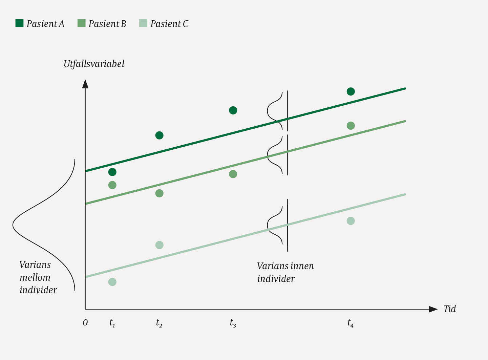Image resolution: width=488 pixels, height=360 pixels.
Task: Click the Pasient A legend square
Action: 20,23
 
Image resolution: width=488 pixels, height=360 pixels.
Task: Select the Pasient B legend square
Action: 81,23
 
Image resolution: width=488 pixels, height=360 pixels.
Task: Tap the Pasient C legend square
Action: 143,23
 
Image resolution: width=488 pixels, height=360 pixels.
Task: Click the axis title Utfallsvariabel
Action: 94,64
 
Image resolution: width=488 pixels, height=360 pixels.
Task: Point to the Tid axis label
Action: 450,309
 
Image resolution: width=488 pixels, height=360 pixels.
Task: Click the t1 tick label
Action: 112,323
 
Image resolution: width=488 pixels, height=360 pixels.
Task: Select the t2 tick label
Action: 159,323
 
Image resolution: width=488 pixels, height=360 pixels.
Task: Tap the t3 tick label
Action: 233,323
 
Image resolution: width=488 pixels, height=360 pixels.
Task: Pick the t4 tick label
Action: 351,323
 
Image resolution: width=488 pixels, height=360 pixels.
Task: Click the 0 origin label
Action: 85,323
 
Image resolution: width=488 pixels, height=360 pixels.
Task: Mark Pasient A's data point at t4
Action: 351,91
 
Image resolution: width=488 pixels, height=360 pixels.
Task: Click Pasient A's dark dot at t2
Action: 159,135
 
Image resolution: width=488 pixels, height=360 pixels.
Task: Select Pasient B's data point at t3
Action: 233,174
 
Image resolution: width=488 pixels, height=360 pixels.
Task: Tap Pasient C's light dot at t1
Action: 112,282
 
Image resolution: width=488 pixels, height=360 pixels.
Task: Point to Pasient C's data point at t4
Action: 351,221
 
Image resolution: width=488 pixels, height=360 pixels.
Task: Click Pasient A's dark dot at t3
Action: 233,110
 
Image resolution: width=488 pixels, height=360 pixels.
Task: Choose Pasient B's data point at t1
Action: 112,185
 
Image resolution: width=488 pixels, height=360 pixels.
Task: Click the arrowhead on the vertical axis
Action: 85,84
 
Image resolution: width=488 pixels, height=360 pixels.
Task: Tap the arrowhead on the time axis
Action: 433,309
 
